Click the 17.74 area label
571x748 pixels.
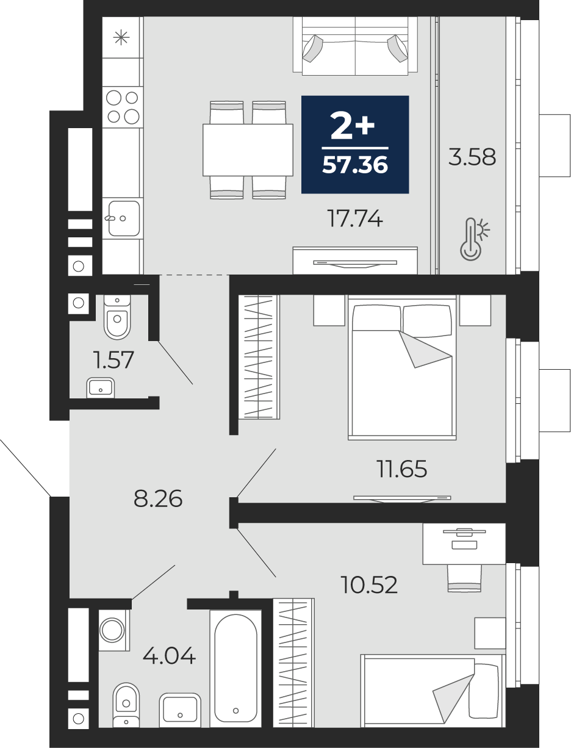tap(354, 218)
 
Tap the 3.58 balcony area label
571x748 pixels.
tap(472, 157)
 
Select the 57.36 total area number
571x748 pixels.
tap(355, 165)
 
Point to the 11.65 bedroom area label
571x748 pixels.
tap(401, 469)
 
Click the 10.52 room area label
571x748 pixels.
tap(369, 584)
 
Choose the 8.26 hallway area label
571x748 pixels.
tap(158, 498)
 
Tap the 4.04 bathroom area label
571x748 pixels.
tap(169, 656)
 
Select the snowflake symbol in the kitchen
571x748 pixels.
tap(121, 37)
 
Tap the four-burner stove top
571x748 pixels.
tap(123, 107)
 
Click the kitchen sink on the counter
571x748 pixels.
tap(124, 218)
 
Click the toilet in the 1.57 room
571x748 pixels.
tap(117, 317)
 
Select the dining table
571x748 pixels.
tap(248, 150)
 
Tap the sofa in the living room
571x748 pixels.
tap(355, 46)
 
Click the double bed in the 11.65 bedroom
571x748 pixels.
tap(402, 367)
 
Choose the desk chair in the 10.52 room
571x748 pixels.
tap(464, 578)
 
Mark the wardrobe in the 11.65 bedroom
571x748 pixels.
tap(259, 357)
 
